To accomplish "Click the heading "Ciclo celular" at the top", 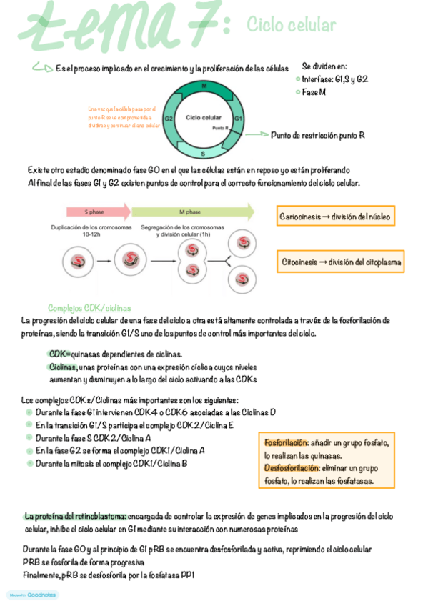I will click(291, 26).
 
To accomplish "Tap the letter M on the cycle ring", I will click(204, 86).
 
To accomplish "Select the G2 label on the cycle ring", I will click(169, 119).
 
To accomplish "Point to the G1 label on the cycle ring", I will click(239, 118).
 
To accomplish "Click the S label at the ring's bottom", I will click(204, 153).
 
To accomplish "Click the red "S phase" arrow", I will click(98, 212).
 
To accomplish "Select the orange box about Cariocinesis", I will click(336, 216).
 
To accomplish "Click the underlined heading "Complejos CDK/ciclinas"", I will click(89, 307).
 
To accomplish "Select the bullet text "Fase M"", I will click(314, 92).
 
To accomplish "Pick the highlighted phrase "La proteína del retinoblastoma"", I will click(76, 516).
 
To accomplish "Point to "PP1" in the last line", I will click(188, 575).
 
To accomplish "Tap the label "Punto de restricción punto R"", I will click(318, 135).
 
